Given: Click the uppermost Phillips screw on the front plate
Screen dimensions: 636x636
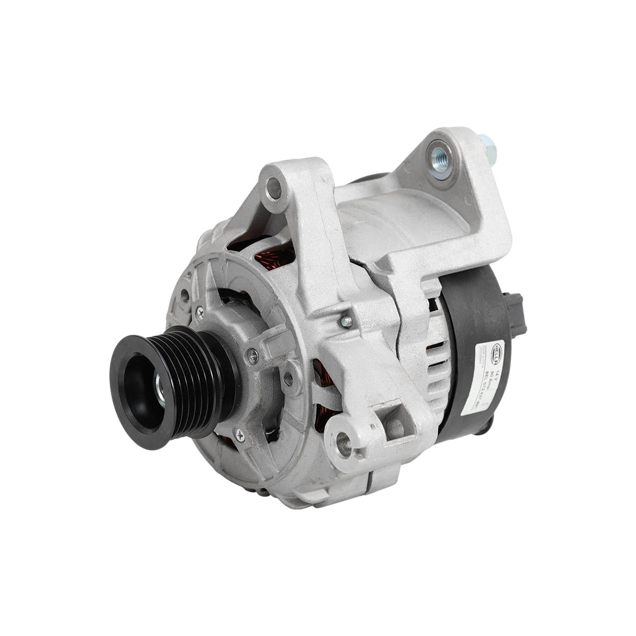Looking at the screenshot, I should [200, 311].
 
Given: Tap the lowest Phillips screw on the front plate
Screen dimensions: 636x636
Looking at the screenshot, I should [241, 435].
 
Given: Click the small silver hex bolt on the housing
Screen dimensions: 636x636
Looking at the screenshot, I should [344, 319].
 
